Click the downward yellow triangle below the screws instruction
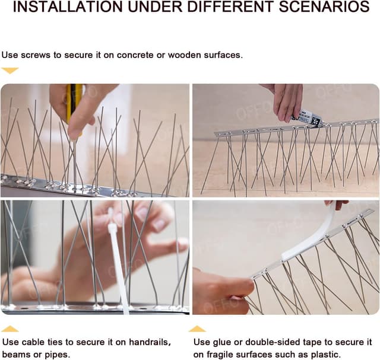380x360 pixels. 10,71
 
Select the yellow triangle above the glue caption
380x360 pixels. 197,329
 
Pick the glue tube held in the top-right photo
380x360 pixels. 309,117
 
